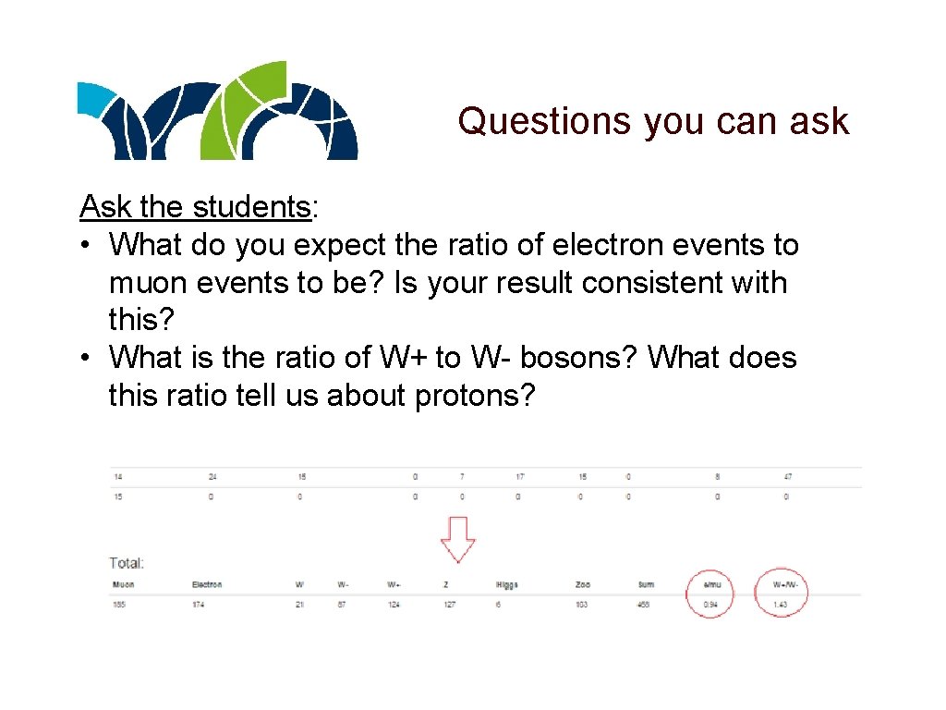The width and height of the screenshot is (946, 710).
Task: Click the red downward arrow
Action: (x=456, y=537)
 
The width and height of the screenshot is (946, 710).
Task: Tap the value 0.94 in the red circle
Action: (x=709, y=605)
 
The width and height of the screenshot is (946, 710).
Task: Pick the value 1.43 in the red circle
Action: (x=781, y=605)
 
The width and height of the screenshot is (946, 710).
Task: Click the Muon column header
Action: (x=123, y=585)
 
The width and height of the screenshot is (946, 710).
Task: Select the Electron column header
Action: (x=207, y=585)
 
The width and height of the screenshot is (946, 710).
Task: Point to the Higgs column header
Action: (x=507, y=585)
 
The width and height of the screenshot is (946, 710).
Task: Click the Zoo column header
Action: (x=581, y=585)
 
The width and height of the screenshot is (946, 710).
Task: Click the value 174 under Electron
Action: (x=200, y=605)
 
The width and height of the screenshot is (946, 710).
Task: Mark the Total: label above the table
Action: (x=127, y=562)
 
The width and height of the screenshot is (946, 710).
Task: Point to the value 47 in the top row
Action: (x=787, y=477)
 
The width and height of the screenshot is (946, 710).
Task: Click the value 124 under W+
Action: (x=394, y=605)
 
